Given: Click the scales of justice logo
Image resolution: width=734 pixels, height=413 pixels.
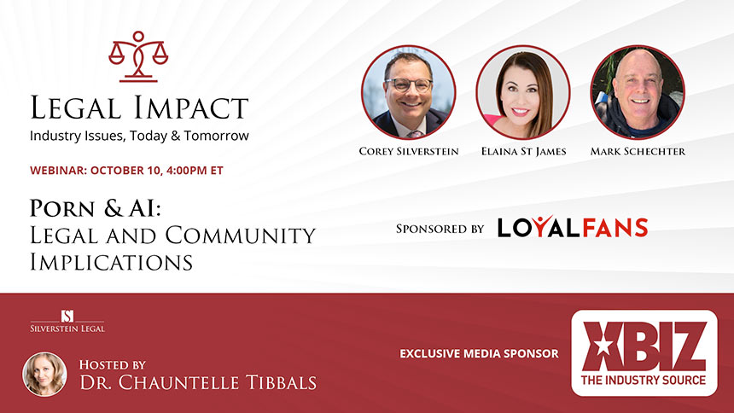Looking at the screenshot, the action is pos(138,56).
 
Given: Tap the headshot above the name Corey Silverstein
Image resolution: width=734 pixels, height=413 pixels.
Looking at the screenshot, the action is pos(409,92).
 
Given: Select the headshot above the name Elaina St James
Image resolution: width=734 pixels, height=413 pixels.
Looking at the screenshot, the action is pos(523,92).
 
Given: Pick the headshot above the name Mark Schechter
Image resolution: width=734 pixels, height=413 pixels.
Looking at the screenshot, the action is pos(638,92).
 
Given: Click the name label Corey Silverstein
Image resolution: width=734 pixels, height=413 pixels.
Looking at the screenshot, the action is pos(409,151).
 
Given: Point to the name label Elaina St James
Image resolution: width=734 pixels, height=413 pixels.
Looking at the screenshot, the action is pos(523,151).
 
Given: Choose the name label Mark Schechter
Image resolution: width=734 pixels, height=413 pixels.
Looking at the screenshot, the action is pos(638,151).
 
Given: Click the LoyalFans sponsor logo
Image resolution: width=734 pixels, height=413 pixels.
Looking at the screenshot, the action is pos(573,228).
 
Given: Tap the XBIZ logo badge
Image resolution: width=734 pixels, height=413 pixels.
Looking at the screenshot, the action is pos(644,352).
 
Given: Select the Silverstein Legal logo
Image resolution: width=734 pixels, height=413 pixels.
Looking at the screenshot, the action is pos(67,321).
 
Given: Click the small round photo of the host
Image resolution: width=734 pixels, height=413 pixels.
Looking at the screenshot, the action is pos(45,374).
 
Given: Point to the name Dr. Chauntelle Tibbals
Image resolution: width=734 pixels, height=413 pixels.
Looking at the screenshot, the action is pos(198,382).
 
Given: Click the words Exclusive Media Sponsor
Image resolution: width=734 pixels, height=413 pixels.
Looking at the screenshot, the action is pos(479,353).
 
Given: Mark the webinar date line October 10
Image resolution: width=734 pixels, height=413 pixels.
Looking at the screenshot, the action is pos(126,170).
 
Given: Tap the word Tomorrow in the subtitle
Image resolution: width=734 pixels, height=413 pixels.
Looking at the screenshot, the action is pos(216,136).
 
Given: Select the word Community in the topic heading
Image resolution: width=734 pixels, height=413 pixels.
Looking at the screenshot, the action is pos(241,235).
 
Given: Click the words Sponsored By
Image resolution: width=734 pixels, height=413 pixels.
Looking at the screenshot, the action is pos(440,229).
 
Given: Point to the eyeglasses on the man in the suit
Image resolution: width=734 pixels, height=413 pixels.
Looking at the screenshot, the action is pos(409,84).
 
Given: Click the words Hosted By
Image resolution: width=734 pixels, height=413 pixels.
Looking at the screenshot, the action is pos(113,364).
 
